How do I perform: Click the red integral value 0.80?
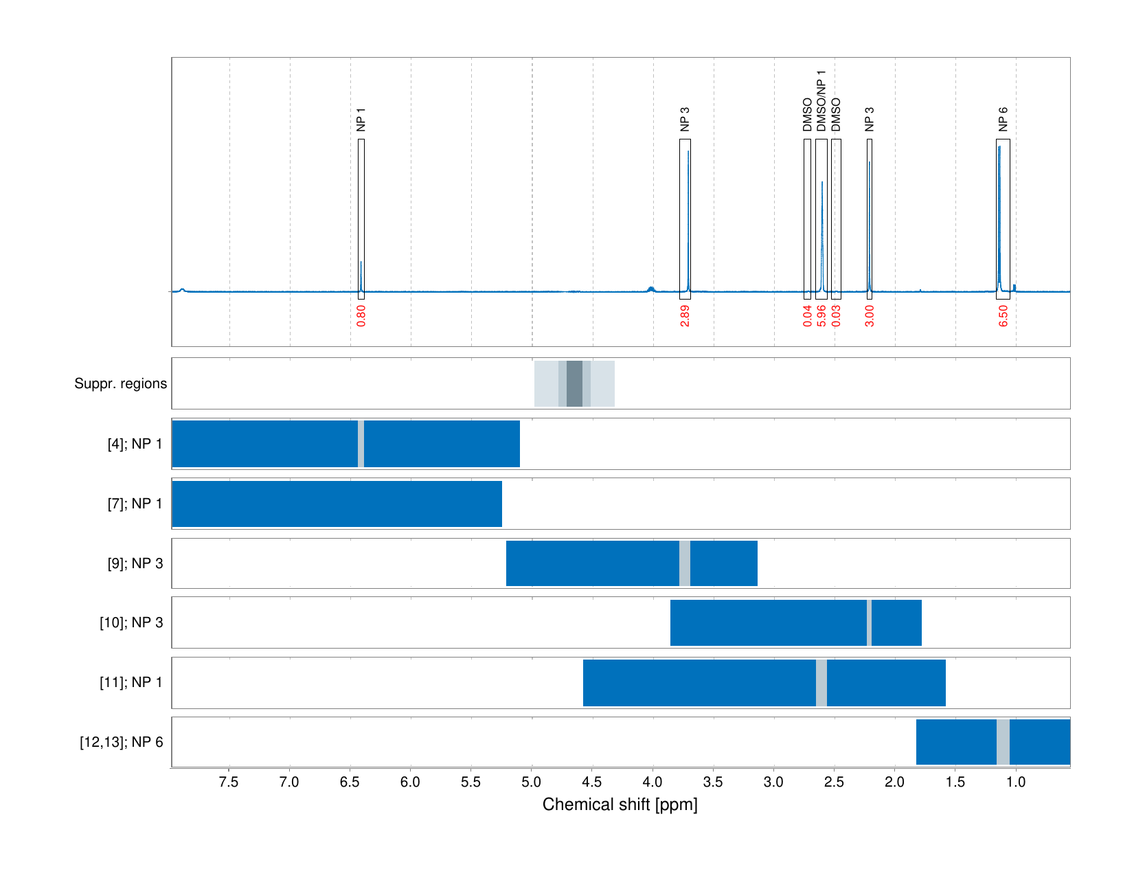[361, 315]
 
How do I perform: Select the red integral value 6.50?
[1003, 315]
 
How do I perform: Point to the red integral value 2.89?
[685, 315]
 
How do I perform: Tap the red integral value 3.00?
[870, 315]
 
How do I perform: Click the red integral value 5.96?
[821, 315]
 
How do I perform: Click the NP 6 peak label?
[1003, 119]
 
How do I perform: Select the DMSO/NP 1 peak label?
[821, 101]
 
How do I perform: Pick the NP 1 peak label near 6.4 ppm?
[361, 119]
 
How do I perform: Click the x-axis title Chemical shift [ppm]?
[620, 805]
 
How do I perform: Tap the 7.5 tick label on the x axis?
[229, 782]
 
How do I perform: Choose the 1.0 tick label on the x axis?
[1016, 782]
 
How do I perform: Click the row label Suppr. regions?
[120, 383]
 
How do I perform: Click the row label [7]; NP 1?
[135, 504]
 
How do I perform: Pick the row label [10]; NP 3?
[131, 622]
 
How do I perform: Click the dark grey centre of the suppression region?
[574, 383]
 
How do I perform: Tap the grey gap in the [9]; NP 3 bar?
[685, 563]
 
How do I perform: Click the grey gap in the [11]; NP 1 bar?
[821, 682]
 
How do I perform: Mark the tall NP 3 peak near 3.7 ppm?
[688, 206]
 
